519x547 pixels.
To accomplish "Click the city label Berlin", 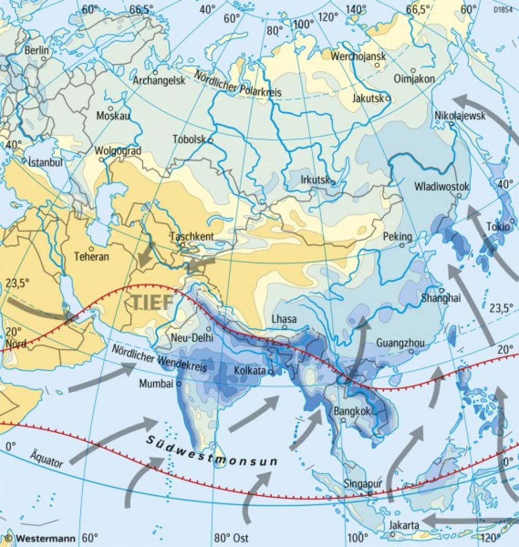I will coord(36,50).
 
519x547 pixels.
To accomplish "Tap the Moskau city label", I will coord(113,115).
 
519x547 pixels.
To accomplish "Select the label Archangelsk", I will coord(159,81).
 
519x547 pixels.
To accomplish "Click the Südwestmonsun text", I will coord(210,451).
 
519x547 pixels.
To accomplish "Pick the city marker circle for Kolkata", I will coord(270,372).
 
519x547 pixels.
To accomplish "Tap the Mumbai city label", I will coord(156,384).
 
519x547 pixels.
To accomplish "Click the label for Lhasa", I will coord(284,319).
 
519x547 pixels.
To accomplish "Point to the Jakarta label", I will coord(404,525).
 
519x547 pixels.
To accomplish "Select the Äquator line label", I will coord(46,457).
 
